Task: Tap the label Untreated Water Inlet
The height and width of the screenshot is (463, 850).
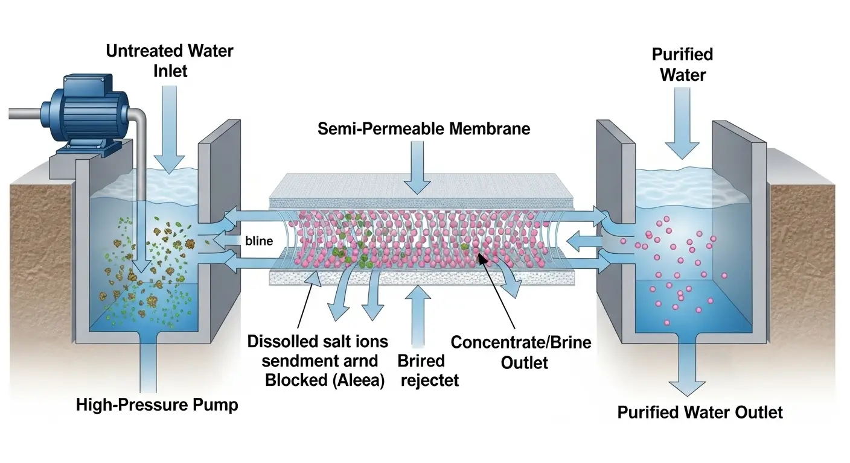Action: pos(169,60)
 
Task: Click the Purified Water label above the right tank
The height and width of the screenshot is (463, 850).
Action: pos(682,65)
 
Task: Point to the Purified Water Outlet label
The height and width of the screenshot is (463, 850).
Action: pos(700,412)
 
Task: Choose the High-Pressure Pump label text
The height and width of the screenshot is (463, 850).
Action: pos(157,405)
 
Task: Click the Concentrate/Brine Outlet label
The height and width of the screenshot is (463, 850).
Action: pos(521,352)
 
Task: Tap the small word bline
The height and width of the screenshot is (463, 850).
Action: pos(259,241)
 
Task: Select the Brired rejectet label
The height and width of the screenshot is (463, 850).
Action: pos(428,370)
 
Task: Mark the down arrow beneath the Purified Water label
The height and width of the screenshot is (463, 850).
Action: pos(682,124)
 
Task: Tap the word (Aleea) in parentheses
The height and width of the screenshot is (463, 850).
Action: pos(359,380)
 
